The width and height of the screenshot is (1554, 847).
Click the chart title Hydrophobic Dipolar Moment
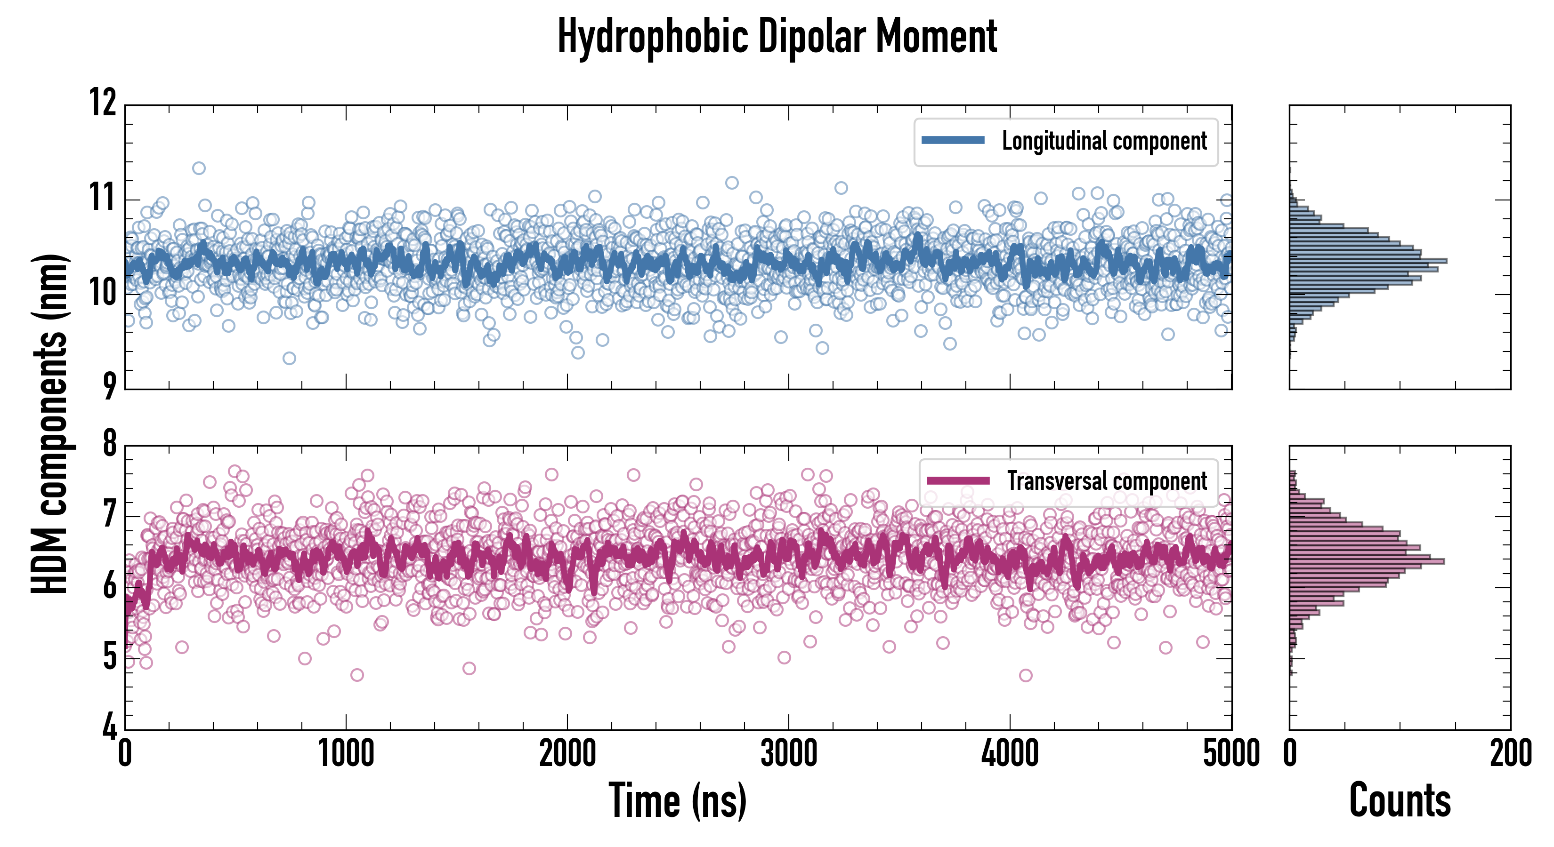777,37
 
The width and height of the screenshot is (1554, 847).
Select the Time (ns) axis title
678,800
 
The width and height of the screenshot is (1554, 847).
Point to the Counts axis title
1400,800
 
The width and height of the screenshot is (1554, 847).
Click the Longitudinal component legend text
1104,141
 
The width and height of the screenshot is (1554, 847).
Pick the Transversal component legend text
1107,481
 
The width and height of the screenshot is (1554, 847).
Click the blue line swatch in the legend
953,141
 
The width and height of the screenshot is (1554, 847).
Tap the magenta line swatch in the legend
958,480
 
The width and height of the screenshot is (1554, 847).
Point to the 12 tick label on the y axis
103,103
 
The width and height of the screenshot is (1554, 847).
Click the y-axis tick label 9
109,386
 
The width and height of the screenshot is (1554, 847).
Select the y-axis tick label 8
109,444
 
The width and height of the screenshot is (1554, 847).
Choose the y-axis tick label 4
109,727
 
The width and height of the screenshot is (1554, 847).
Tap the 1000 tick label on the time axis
346,753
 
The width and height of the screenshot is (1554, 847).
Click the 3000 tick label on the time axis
788,753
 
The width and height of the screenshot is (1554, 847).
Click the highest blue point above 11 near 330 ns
198,168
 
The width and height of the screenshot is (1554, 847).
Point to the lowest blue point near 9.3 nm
290,358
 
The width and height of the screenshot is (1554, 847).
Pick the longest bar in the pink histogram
1367,561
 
